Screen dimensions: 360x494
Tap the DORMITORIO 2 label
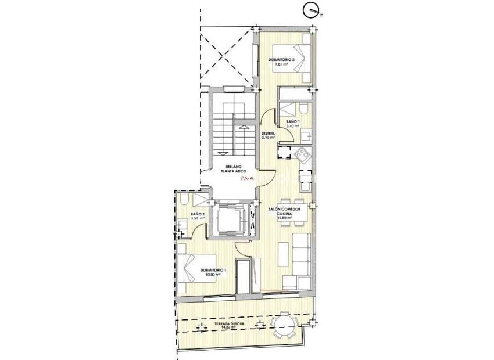click(281, 60)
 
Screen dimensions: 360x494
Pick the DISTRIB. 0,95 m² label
click(267, 135)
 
